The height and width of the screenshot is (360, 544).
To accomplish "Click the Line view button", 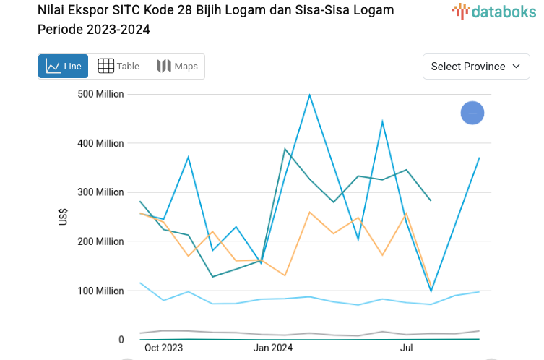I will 64,67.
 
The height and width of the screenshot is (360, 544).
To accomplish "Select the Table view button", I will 118,67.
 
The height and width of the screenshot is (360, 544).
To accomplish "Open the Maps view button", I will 177,67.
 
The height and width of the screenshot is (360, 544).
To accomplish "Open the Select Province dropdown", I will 476,67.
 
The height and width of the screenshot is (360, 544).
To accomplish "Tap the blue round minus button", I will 472,113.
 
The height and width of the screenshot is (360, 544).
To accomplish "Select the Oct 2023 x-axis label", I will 163,348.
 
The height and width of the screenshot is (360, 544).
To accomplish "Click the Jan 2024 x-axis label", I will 273,348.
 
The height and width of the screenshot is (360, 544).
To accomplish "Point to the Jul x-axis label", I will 407,348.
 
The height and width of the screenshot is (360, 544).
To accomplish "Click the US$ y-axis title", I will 64,216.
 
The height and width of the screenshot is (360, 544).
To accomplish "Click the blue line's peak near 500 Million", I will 309,95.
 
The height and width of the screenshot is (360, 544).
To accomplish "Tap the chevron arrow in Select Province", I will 516,67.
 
